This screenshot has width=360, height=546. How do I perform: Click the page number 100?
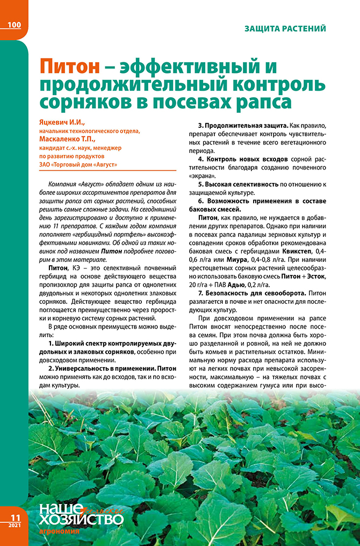pos(15,25)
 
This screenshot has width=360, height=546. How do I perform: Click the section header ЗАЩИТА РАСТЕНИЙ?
pos(285,28)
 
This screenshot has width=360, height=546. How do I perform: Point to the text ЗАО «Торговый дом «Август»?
pos(78,164)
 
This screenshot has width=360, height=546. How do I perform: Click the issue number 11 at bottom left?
pos(15,517)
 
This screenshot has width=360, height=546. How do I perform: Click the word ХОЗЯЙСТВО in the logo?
pos(81,520)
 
